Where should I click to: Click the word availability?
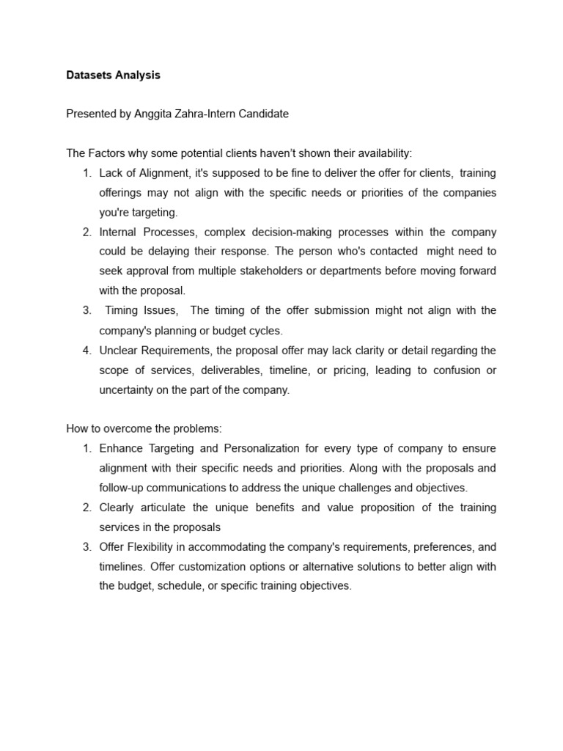coord(380,153)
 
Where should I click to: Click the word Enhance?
coord(122,448)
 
